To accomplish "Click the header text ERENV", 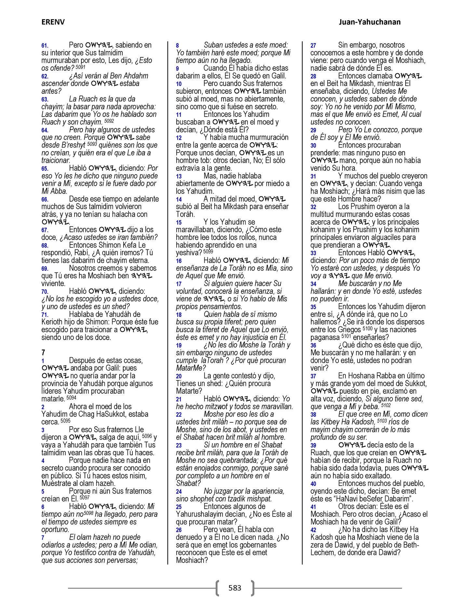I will [53, 22].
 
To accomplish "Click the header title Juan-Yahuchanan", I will [369, 22].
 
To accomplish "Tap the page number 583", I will [235, 588].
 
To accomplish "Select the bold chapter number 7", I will [43, 352].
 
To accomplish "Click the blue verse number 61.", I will [45, 46].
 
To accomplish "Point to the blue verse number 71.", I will [45, 315].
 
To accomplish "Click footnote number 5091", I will [80, 67].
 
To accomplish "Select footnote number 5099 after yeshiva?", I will [208, 251].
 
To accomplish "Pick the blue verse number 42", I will [313, 530].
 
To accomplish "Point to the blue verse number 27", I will [313, 46].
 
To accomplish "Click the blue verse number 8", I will [178, 46].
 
